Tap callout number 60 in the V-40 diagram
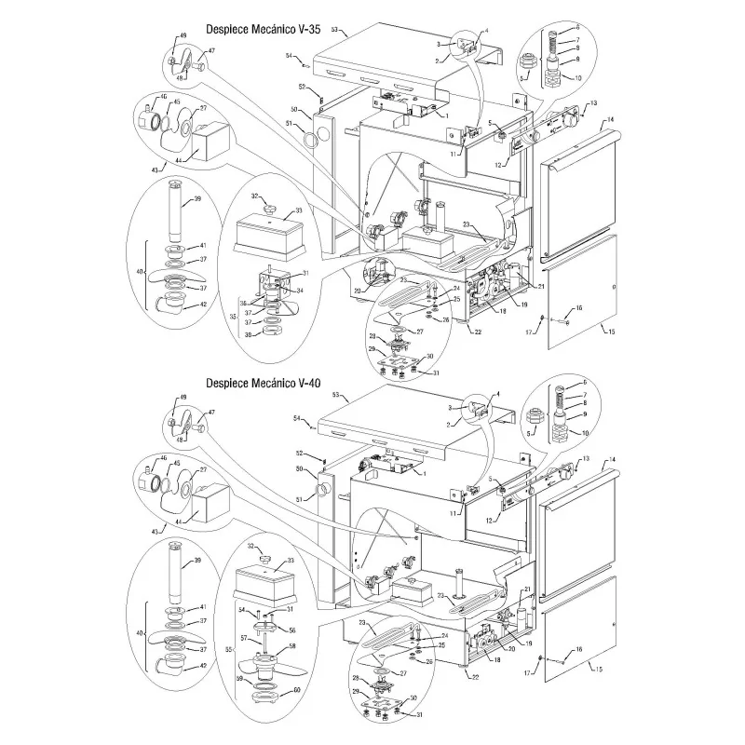tap(297, 690)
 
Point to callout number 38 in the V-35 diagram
tap(246, 335)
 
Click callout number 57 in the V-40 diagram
tap(244, 638)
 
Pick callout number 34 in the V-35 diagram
tap(300, 291)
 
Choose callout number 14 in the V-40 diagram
tap(612, 460)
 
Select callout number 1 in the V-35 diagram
tap(447, 115)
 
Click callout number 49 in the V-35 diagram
tap(183, 35)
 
